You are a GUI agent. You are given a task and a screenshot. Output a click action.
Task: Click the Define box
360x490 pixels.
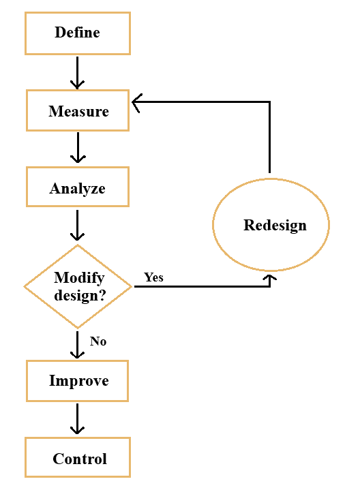pos(77,33)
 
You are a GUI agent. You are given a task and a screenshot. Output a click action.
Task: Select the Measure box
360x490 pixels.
pos(77,110)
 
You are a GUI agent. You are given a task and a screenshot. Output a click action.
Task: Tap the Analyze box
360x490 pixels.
pos(77,188)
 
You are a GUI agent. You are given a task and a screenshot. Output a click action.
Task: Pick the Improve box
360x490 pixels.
pos(77,380)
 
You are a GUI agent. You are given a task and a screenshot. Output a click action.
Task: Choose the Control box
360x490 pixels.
pos(77,458)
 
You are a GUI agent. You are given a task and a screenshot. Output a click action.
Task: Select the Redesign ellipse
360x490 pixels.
pos(271,225)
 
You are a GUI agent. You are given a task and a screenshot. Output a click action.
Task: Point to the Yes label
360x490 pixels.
pos(153,277)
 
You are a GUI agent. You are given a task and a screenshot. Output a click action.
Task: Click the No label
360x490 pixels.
pos(98,341)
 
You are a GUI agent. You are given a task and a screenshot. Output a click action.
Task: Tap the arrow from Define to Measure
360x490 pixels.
pos(78,72)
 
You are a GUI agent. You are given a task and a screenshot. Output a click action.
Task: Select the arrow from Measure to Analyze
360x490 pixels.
pos(78,147)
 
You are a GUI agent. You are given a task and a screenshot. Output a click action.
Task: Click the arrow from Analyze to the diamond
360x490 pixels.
pos(78,225)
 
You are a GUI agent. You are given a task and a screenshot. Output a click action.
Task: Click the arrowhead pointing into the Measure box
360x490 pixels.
pos(137,103)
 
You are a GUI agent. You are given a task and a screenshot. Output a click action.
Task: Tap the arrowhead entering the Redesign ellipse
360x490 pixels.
pos(271,279)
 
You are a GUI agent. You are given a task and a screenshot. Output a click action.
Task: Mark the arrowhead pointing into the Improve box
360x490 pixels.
pos(78,354)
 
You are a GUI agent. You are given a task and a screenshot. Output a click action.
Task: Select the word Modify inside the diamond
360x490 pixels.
pos(78,278)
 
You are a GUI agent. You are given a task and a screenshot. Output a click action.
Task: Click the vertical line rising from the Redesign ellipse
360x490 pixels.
pos(270,136)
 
